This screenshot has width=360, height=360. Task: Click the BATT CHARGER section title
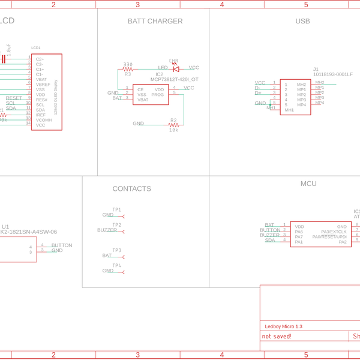coord(155,21)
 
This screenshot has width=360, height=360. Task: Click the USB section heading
coord(302,21)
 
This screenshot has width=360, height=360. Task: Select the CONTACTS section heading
coord(131,189)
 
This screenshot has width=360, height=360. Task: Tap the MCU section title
coord(308,184)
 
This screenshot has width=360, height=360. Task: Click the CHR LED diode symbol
coord(176,68)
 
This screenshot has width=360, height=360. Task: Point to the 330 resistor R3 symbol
coord(127,69)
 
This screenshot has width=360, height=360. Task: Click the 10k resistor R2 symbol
coord(173,125)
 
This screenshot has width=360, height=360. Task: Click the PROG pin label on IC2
coord(158,95)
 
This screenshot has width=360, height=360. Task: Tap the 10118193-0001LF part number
coord(333,74)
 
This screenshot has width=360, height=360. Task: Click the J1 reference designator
coord(316,69)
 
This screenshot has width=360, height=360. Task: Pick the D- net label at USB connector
coord(258,88)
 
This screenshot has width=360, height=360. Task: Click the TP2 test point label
coord(116,225)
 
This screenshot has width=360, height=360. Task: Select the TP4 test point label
coord(116,265)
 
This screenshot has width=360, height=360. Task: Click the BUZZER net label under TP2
coord(107,230)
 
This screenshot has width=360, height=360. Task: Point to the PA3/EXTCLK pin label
coord(334,232)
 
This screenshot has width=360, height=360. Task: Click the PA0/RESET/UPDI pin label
coord(329,237)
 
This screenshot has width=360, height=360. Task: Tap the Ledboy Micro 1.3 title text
coord(283,326)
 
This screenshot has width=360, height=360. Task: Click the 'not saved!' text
coord(277,337)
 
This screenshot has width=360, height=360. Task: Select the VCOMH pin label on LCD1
coord(44,120)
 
